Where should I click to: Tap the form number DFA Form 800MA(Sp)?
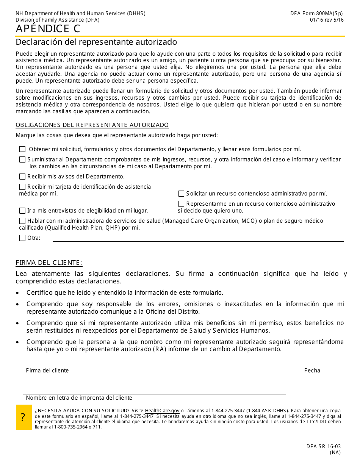tap(317, 14)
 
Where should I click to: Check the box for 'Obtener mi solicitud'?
tap(23, 149)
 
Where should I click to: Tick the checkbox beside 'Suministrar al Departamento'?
tap(23, 160)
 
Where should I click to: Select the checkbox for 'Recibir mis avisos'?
tap(23, 177)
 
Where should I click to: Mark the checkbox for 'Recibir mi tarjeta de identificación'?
tap(23, 187)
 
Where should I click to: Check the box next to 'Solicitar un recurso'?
tap(182, 194)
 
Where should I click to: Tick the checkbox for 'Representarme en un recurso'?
tap(182, 204)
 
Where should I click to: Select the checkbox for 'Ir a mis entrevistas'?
tap(23, 211)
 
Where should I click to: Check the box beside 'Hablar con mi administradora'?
tap(23, 221)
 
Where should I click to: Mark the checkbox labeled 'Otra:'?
tap(23, 238)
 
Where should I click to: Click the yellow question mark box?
tap(23, 417)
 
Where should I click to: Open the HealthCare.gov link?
tap(162, 411)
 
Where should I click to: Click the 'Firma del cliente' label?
tap(47, 371)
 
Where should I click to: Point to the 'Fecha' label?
tap(312, 371)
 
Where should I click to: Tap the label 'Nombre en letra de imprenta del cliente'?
tap(79, 398)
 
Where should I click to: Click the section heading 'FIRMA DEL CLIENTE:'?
tap(49, 263)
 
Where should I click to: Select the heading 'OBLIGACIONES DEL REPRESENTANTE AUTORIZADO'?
tap(92, 125)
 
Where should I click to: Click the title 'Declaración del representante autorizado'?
tap(96, 42)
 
